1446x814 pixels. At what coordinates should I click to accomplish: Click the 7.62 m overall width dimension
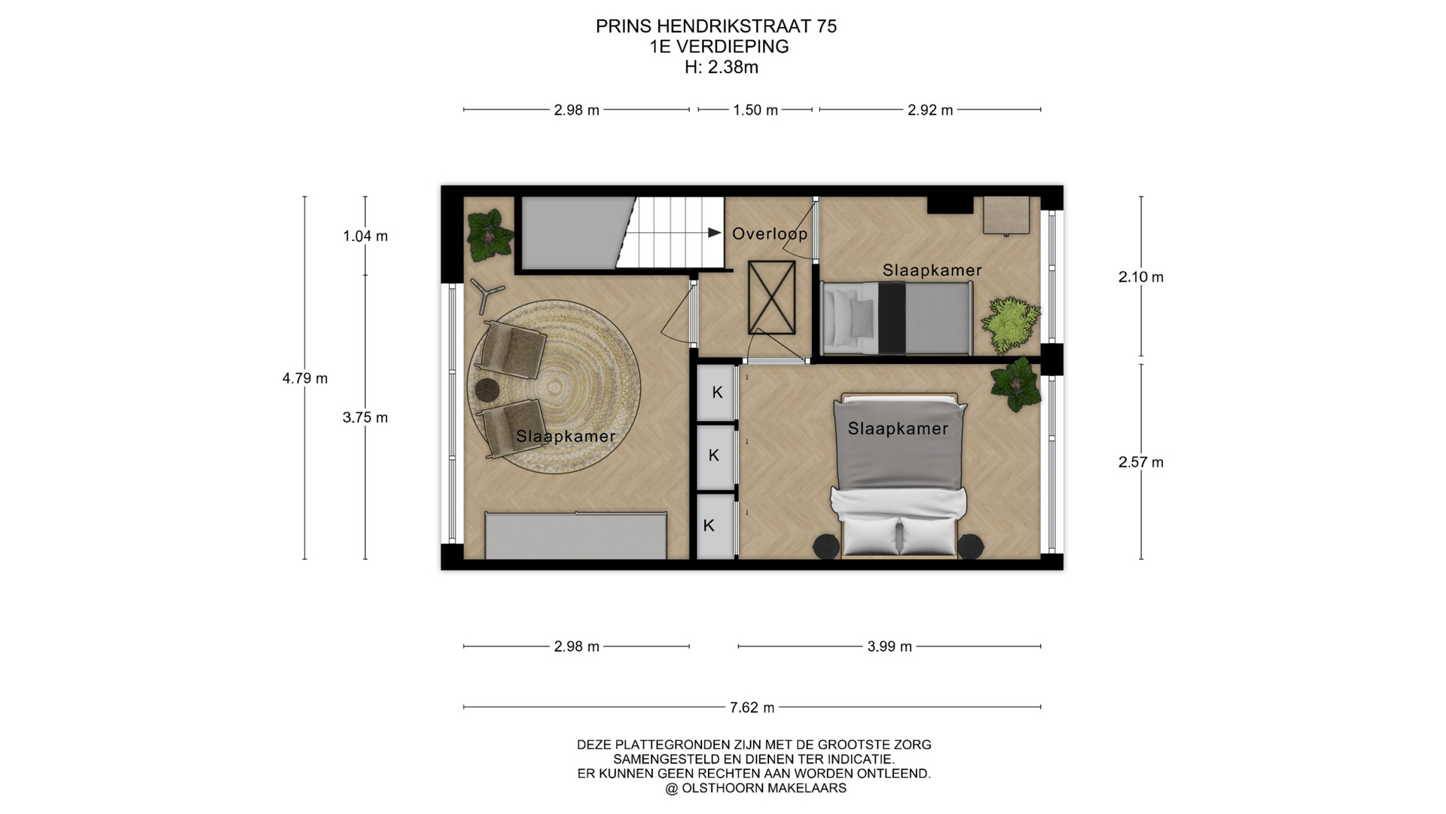pos(752,708)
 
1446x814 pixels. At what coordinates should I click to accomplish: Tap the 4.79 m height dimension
pos(305,378)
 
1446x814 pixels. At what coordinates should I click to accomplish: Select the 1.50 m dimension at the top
pos(755,110)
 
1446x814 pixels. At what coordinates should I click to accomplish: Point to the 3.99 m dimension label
pos(889,647)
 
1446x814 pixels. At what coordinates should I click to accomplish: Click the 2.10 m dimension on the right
pos(1141,277)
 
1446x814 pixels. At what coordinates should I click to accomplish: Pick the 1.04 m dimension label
pos(365,236)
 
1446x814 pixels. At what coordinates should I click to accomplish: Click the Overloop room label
pos(770,234)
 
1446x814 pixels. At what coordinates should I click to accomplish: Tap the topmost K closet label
pos(717,392)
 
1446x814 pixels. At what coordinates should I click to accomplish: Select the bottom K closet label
pos(709,525)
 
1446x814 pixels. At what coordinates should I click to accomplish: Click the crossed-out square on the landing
pos(771,298)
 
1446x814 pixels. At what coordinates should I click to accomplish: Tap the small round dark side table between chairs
pos(487,390)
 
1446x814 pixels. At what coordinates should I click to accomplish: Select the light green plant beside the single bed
pos(1010,325)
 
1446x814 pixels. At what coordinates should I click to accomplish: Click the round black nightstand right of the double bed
pos(970,546)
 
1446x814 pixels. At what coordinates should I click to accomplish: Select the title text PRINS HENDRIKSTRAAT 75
pos(716,26)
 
